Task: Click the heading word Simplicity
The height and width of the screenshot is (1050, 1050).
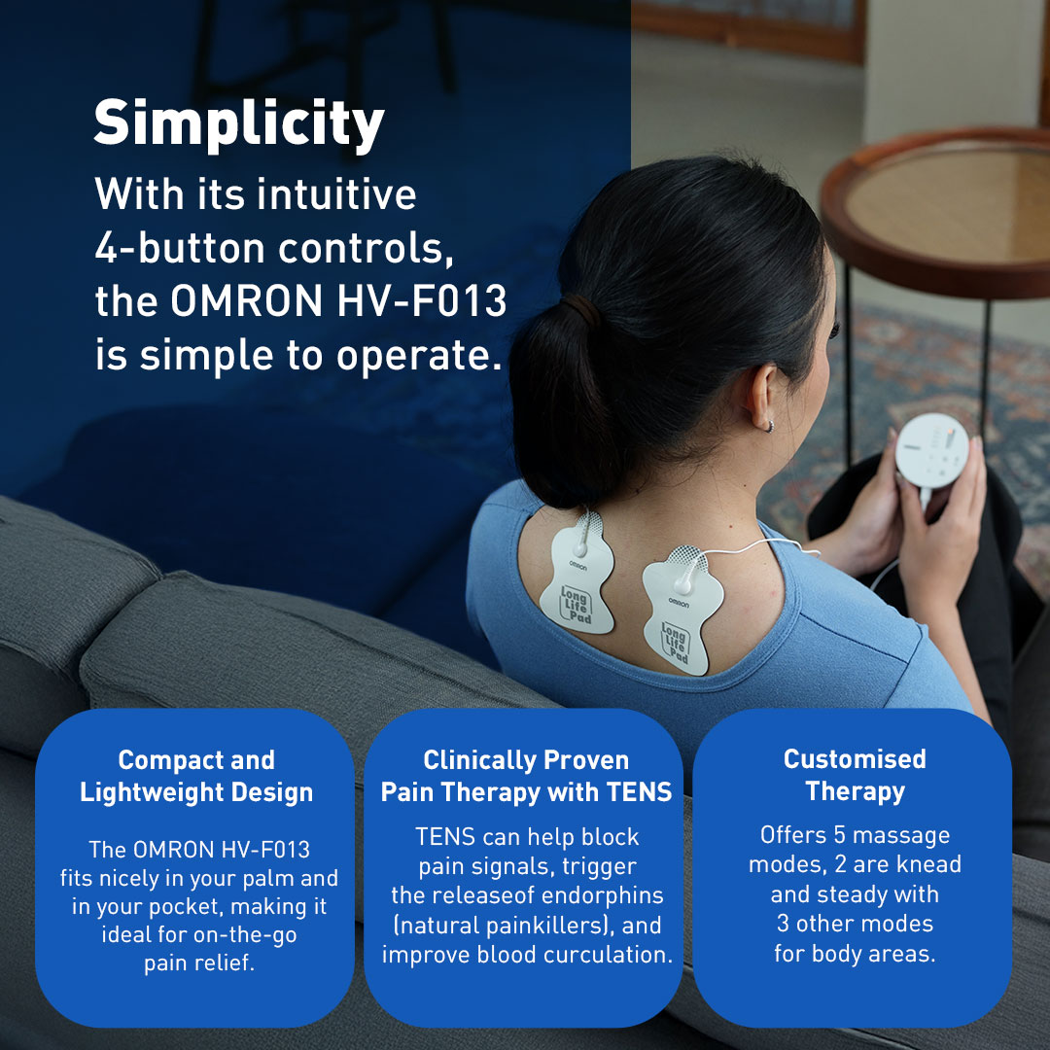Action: point(239,124)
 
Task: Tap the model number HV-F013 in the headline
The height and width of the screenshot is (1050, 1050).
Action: point(422,301)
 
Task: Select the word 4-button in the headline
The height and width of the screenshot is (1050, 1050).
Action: point(180,248)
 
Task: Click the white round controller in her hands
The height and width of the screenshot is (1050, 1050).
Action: point(931,451)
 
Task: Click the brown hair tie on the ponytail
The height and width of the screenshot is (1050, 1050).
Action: point(582,309)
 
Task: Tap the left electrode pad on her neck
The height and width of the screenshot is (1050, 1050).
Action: point(577,574)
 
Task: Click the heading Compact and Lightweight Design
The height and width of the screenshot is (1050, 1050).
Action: point(196,776)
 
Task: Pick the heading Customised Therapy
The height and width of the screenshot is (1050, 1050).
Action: point(856,776)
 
